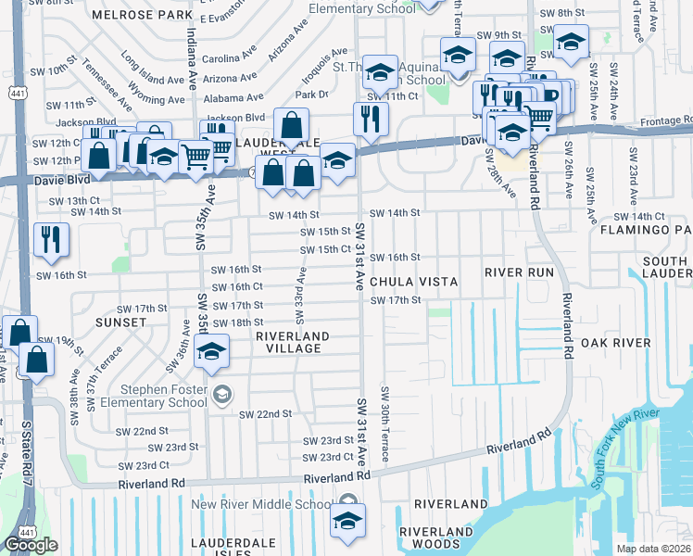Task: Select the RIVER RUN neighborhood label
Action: [x=519, y=272]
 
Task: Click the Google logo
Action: [x=31, y=545]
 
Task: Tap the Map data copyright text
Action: [x=653, y=549]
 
